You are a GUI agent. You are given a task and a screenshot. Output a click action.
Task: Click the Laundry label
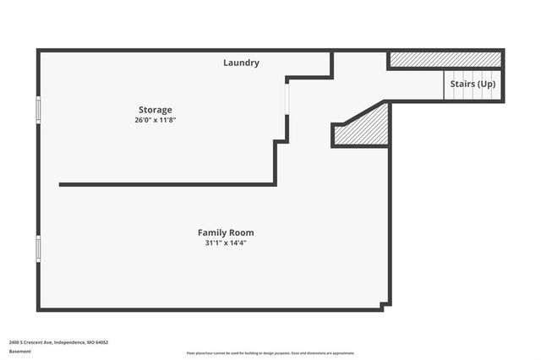241,63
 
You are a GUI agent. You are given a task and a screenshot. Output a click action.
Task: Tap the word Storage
156,110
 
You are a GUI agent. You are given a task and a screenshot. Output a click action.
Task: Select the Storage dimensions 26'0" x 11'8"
156,120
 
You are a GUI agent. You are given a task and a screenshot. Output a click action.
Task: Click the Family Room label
226,232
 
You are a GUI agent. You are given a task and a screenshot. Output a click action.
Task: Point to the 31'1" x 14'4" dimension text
226,243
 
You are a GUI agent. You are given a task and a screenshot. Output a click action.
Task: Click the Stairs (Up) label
473,85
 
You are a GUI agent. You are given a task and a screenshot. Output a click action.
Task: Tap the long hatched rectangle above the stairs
445,60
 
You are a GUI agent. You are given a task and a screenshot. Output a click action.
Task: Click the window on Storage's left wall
38,110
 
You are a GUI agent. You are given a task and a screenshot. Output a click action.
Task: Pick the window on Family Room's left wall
38,248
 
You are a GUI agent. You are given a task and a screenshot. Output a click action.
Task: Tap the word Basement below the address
19,352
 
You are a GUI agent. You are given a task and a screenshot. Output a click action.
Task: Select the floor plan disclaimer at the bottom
270,353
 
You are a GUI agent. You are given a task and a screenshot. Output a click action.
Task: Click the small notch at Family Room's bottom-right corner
385,305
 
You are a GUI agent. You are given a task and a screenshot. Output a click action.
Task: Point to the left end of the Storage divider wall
61,184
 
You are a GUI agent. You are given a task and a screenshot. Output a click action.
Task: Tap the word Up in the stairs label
486,85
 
